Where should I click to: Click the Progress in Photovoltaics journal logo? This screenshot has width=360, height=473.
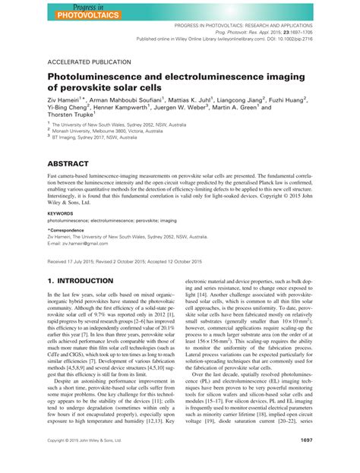click(79, 10)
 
